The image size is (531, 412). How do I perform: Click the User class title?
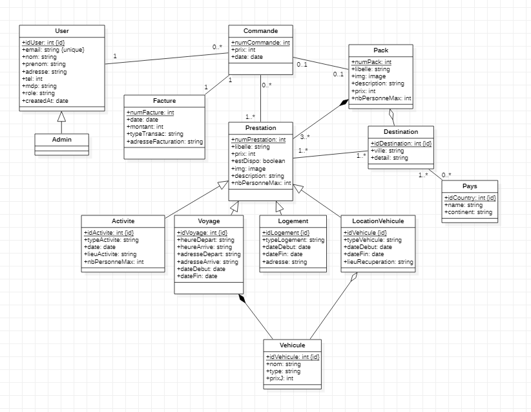tap(62, 31)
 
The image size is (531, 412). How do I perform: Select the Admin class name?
tap(62, 139)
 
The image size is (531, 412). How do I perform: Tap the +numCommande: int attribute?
tap(260, 43)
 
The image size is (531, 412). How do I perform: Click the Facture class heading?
tap(164, 101)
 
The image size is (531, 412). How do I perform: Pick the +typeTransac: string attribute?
tap(156, 134)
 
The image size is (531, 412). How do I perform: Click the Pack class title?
tap(380, 50)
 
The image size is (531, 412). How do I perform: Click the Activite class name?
tap(122, 221)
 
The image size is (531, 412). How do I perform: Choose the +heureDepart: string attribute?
tap(205, 239)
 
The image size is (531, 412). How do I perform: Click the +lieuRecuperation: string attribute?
tap(379, 262)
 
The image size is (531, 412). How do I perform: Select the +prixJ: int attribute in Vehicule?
tap(280, 378)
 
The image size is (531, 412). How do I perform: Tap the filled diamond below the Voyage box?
tap(242, 298)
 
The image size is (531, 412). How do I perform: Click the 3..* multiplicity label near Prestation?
tap(304, 136)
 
